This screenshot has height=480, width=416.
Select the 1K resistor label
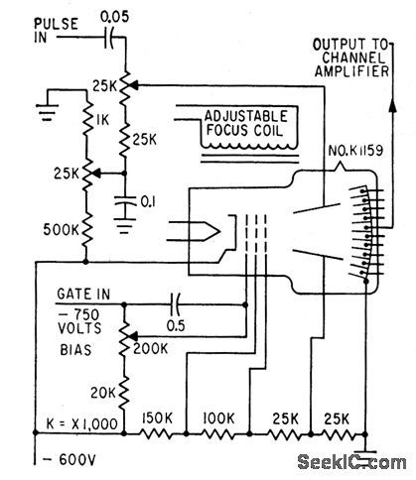click(101, 120)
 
